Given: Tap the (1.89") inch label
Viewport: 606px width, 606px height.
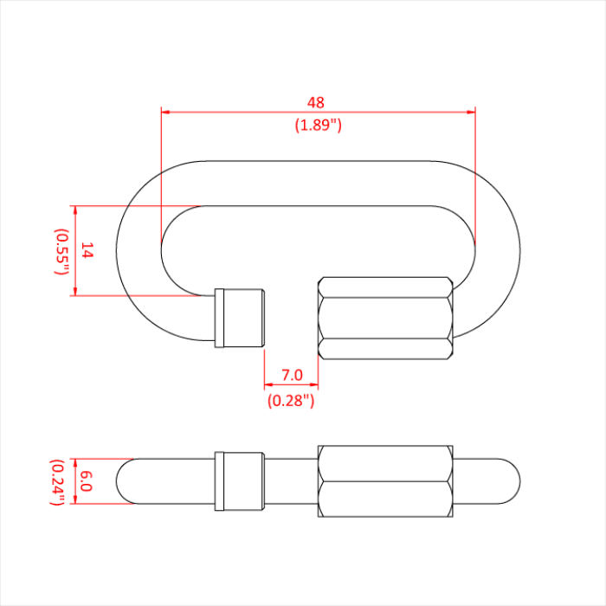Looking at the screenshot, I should [x=319, y=125].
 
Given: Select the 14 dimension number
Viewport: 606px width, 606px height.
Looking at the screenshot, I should [x=87, y=251].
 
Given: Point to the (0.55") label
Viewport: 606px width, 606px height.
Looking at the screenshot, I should [x=62, y=251].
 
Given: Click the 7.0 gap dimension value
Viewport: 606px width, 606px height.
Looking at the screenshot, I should [x=292, y=375].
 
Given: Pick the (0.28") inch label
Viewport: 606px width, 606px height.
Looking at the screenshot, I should [x=291, y=400].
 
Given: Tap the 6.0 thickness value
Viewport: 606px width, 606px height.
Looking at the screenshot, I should [x=86, y=481].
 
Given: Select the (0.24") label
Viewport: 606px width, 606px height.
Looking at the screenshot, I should [x=61, y=481].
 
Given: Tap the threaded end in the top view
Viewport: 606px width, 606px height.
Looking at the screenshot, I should [x=240, y=317].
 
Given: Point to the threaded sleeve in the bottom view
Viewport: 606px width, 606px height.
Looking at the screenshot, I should [x=240, y=481].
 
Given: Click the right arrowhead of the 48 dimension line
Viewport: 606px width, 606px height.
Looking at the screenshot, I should [x=471, y=112].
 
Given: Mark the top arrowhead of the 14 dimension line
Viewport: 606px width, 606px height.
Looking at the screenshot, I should [x=75, y=210].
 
